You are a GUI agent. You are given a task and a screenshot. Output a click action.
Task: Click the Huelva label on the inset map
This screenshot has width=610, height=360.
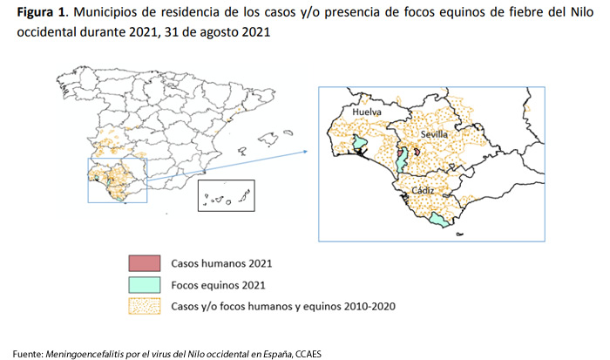pos(368,112)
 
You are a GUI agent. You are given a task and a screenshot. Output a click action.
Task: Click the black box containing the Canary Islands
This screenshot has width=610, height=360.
pos(225,196)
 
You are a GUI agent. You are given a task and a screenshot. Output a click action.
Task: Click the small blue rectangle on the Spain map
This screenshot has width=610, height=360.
pos(118,180)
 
